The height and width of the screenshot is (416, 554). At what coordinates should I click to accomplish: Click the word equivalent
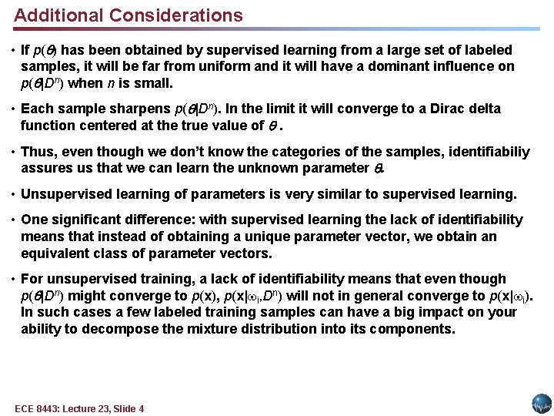click(56, 253)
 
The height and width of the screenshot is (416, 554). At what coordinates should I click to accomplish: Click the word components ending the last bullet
click(415, 329)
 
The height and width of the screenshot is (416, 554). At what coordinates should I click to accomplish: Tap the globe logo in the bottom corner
click(542, 404)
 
